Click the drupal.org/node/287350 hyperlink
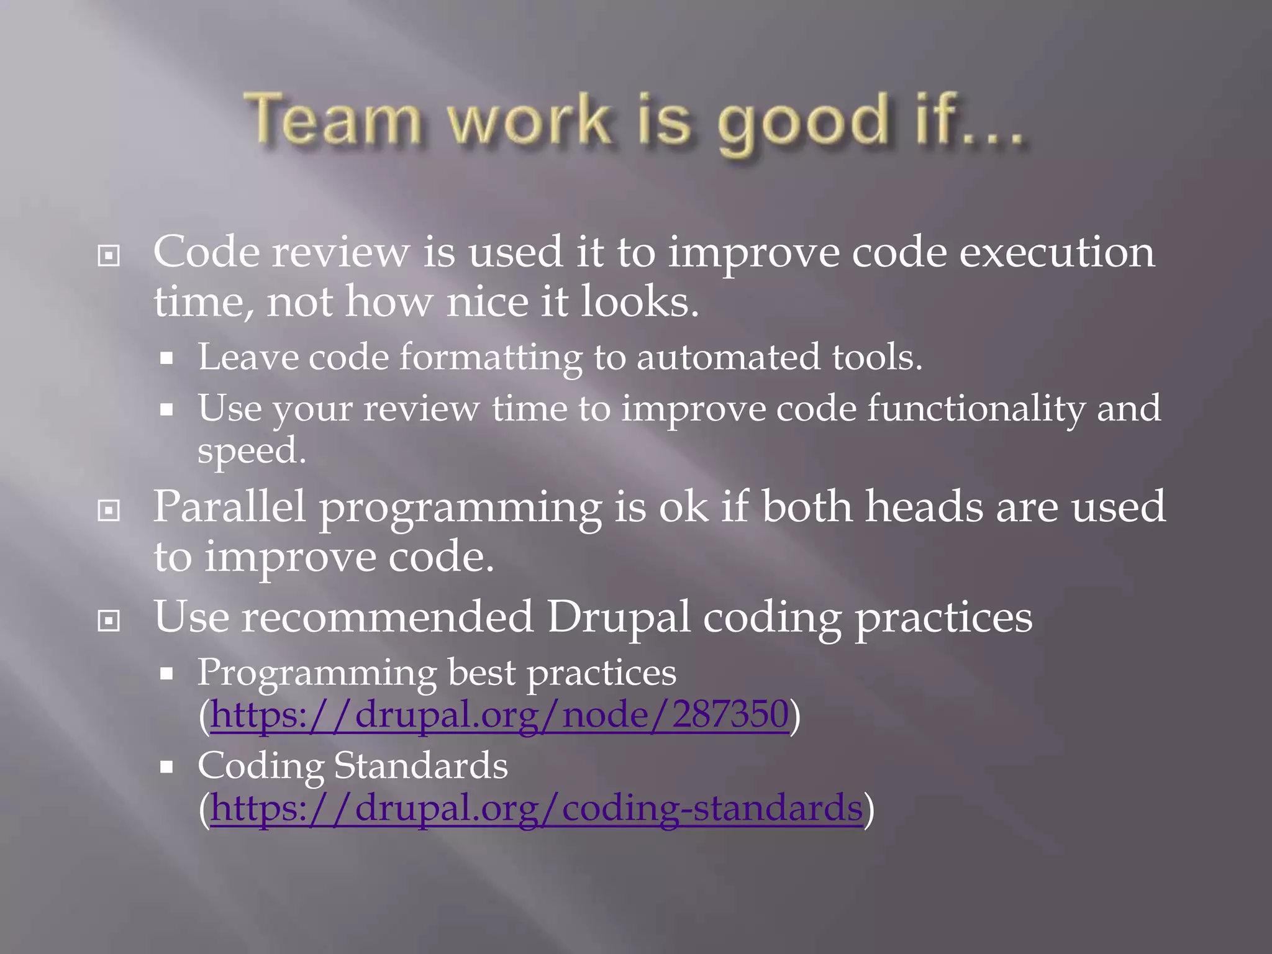499,714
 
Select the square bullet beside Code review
109,255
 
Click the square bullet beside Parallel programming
109,511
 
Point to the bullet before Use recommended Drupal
109,620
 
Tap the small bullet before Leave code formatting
166,358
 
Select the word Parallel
229,506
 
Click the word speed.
252,452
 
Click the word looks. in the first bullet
640,302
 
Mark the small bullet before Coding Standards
166,767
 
